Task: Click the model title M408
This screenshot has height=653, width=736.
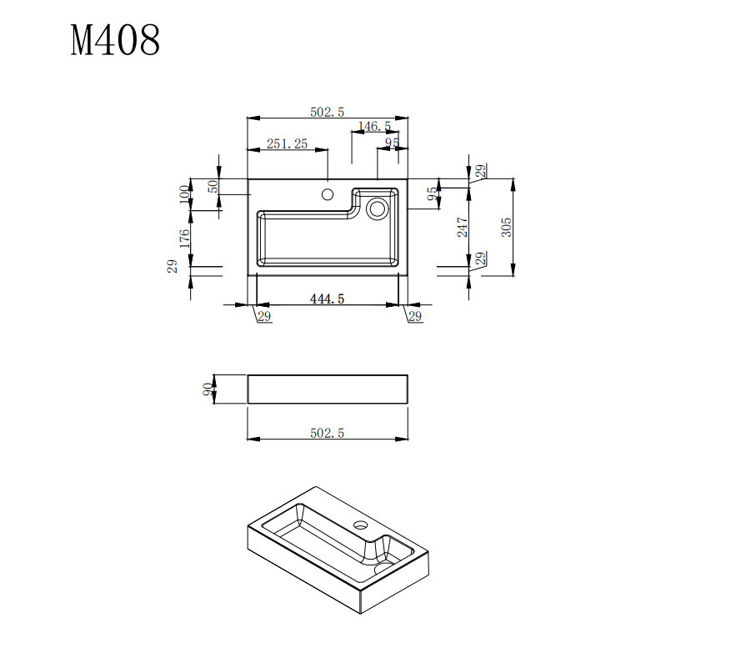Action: click(115, 40)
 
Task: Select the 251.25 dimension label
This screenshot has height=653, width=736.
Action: click(287, 144)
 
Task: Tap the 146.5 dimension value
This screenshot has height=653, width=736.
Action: click(374, 127)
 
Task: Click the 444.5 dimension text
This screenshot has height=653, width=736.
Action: click(327, 299)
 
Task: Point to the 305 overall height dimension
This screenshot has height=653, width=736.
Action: click(506, 227)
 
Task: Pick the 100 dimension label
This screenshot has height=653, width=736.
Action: click(184, 195)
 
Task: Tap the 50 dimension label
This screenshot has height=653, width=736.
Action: click(212, 187)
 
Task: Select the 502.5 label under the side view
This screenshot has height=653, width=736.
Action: click(327, 432)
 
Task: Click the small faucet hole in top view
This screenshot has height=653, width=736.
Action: click(328, 195)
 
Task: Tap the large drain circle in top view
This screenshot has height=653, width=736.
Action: click(378, 208)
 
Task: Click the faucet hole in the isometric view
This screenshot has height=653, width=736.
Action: click(361, 526)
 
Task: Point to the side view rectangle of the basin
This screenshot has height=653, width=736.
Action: click(328, 389)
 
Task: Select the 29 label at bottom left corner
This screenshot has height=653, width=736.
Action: click(263, 316)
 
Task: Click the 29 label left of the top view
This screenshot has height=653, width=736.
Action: click(173, 267)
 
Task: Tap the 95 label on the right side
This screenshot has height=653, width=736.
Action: click(432, 193)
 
